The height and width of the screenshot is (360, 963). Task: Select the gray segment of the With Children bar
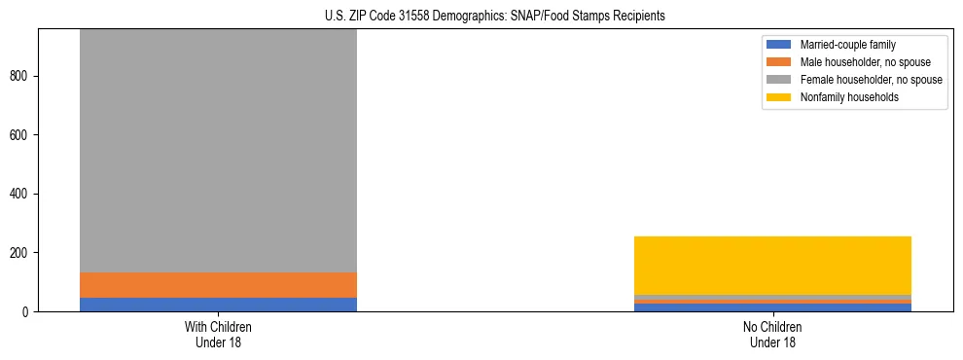tap(218, 151)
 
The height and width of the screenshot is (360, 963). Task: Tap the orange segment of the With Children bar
tap(218, 285)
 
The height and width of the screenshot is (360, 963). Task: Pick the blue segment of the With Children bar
tap(218, 305)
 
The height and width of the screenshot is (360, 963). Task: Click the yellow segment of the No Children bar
tap(772, 265)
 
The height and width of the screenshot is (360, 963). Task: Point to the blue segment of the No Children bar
tap(772, 307)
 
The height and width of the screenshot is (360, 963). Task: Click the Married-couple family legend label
tap(847, 45)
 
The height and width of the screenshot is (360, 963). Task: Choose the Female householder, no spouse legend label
tap(871, 80)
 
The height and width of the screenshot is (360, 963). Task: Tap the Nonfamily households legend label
tap(849, 97)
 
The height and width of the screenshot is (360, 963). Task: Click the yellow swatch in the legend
tap(779, 97)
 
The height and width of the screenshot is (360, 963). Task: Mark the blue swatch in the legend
tap(779, 45)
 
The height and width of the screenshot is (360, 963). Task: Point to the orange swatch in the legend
tap(779, 62)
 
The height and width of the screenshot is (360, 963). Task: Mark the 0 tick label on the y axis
tap(28, 312)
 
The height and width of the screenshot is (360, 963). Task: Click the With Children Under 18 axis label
tap(218, 334)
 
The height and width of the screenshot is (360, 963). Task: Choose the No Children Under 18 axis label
tap(772, 334)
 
